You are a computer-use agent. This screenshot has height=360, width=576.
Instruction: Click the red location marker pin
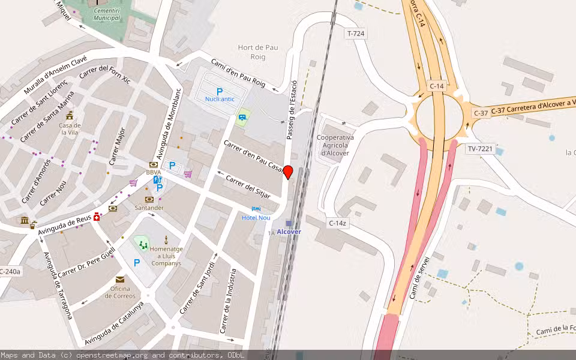pos(288,172)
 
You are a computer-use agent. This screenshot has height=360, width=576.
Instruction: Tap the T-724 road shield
pos(355,34)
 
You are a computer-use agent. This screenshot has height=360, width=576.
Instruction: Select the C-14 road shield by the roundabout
pos(437,86)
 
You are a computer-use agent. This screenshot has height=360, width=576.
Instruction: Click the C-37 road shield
pos(481,112)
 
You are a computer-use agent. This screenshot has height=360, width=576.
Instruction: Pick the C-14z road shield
pos(338,223)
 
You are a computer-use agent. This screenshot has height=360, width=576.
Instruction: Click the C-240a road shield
pos(10,272)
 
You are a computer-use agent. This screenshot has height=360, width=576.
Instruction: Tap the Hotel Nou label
pos(256,217)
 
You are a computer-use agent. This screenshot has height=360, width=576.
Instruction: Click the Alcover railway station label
pos(289,232)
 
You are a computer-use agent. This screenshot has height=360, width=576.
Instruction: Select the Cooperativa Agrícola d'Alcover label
pos(335,145)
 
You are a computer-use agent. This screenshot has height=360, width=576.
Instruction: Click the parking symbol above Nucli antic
pos(220,91)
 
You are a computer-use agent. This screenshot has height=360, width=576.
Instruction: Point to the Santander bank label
pos(149,208)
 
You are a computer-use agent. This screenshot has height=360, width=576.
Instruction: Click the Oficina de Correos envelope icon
pos(120,280)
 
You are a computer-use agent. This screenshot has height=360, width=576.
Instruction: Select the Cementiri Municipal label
pos(107,14)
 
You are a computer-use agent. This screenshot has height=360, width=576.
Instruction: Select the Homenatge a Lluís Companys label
pos(166,256)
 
